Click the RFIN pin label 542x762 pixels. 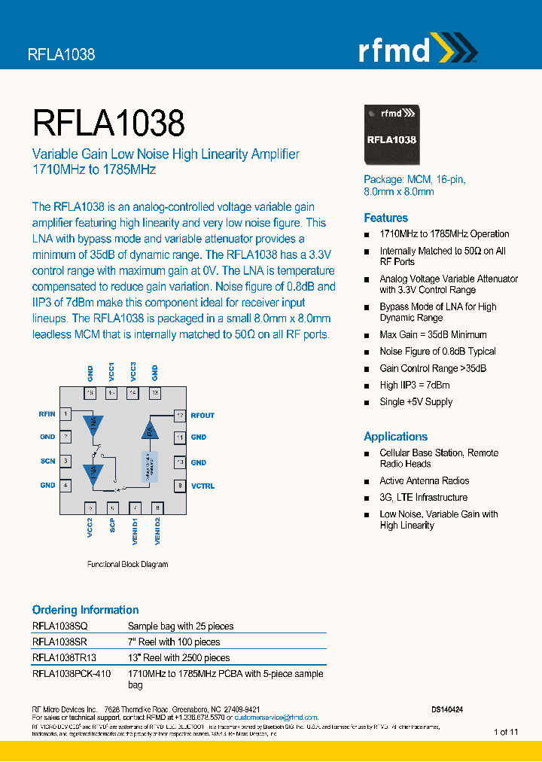tap(47, 414)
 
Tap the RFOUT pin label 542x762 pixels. tap(202, 415)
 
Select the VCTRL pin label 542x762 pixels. tap(202, 486)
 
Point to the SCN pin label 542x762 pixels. tap(47, 461)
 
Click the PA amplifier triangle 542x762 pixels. tap(149, 430)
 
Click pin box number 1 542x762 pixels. tap(67, 414)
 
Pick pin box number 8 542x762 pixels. tap(179, 486)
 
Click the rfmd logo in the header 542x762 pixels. tap(416, 50)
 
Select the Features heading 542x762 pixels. tap(385, 218)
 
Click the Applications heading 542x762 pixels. tap(395, 436)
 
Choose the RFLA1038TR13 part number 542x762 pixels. tap(65, 657)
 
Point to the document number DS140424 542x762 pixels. tap(447, 709)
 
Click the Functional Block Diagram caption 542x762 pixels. tap(127, 564)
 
